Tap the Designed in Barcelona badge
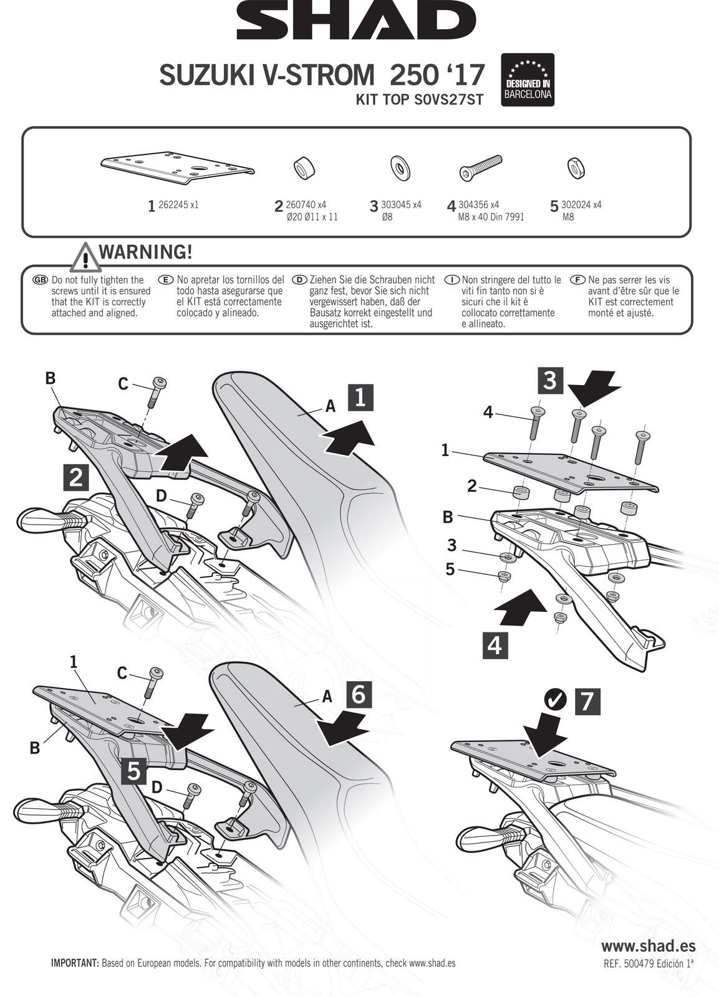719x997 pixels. [528, 80]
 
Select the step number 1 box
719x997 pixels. [360, 398]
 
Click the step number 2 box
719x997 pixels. [76, 478]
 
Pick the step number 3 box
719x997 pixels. [549, 379]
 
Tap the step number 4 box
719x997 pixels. [495, 645]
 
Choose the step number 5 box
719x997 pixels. [134, 771]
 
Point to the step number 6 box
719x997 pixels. [358, 694]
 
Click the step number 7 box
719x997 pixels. [586, 701]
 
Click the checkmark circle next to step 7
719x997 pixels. [554, 700]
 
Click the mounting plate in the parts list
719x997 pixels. [178, 167]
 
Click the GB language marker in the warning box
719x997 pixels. [40, 280]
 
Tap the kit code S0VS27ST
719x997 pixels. [448, 100]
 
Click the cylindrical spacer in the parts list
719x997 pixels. [304, 167]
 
